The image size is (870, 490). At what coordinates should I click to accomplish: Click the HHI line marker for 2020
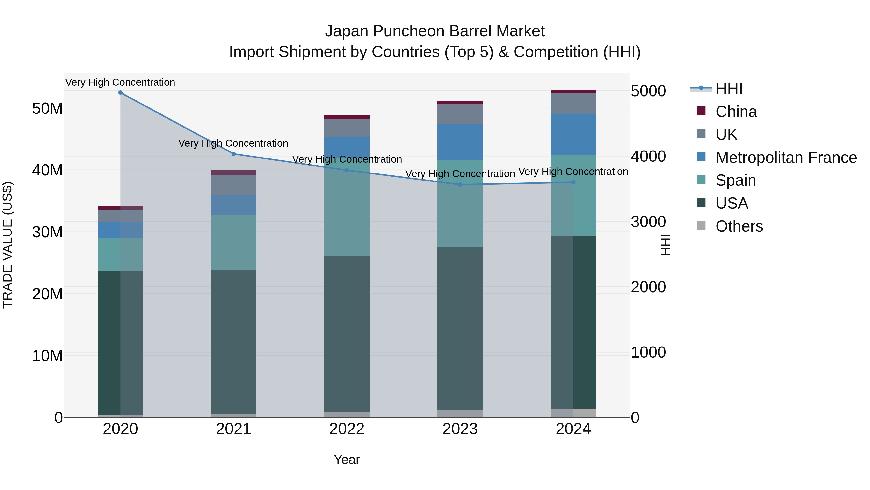pyautogui.click(x=120, y=93)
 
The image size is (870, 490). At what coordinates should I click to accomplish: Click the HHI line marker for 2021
pyautogui.click(x=233, y=154)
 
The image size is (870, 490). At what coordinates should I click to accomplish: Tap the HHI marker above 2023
pyautogui.click(x=460, y=185)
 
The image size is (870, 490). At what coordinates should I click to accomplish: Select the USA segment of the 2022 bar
pyautogui.click(x=347, y=333)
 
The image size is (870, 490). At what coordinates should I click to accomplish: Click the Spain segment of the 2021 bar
pyautogui.click(x=233, y=242)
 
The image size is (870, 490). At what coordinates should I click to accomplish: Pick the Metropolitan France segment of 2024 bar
pyautogui.click(x=573, y=134)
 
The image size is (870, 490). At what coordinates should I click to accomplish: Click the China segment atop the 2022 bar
pyautogui.click(x=347, y=117)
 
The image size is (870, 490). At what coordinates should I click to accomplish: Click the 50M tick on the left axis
pyautogui.click(x=47, y=109)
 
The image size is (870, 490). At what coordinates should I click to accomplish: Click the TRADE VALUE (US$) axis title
pyautogui.click(x=7, y=245)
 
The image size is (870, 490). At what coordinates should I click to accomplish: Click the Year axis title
pyautogui.click(x=347, y=460)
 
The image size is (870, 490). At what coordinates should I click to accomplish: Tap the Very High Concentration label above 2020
pyautogui.click(x=120, y=82)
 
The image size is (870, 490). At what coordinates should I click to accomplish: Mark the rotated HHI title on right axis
pyautogui.click(x=665, y=245)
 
